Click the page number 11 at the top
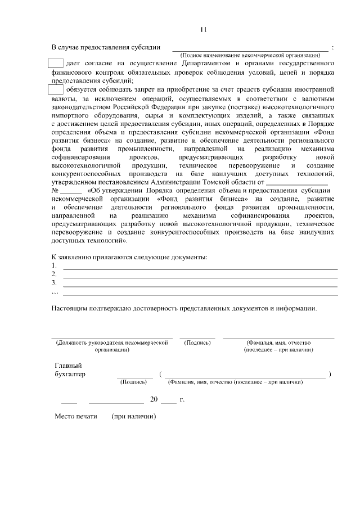pyautogui.click(x=204, y=29)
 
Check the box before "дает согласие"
pyautogui.click(x=55, y=63)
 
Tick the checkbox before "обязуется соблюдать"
pyautogui.click(x=55, y=89)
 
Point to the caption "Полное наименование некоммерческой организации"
pyautogui.click(x=250, y=55)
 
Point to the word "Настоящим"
pyautogui.click(x=67, y=309)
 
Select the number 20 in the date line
pyautogui.click(x=153, y=400)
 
